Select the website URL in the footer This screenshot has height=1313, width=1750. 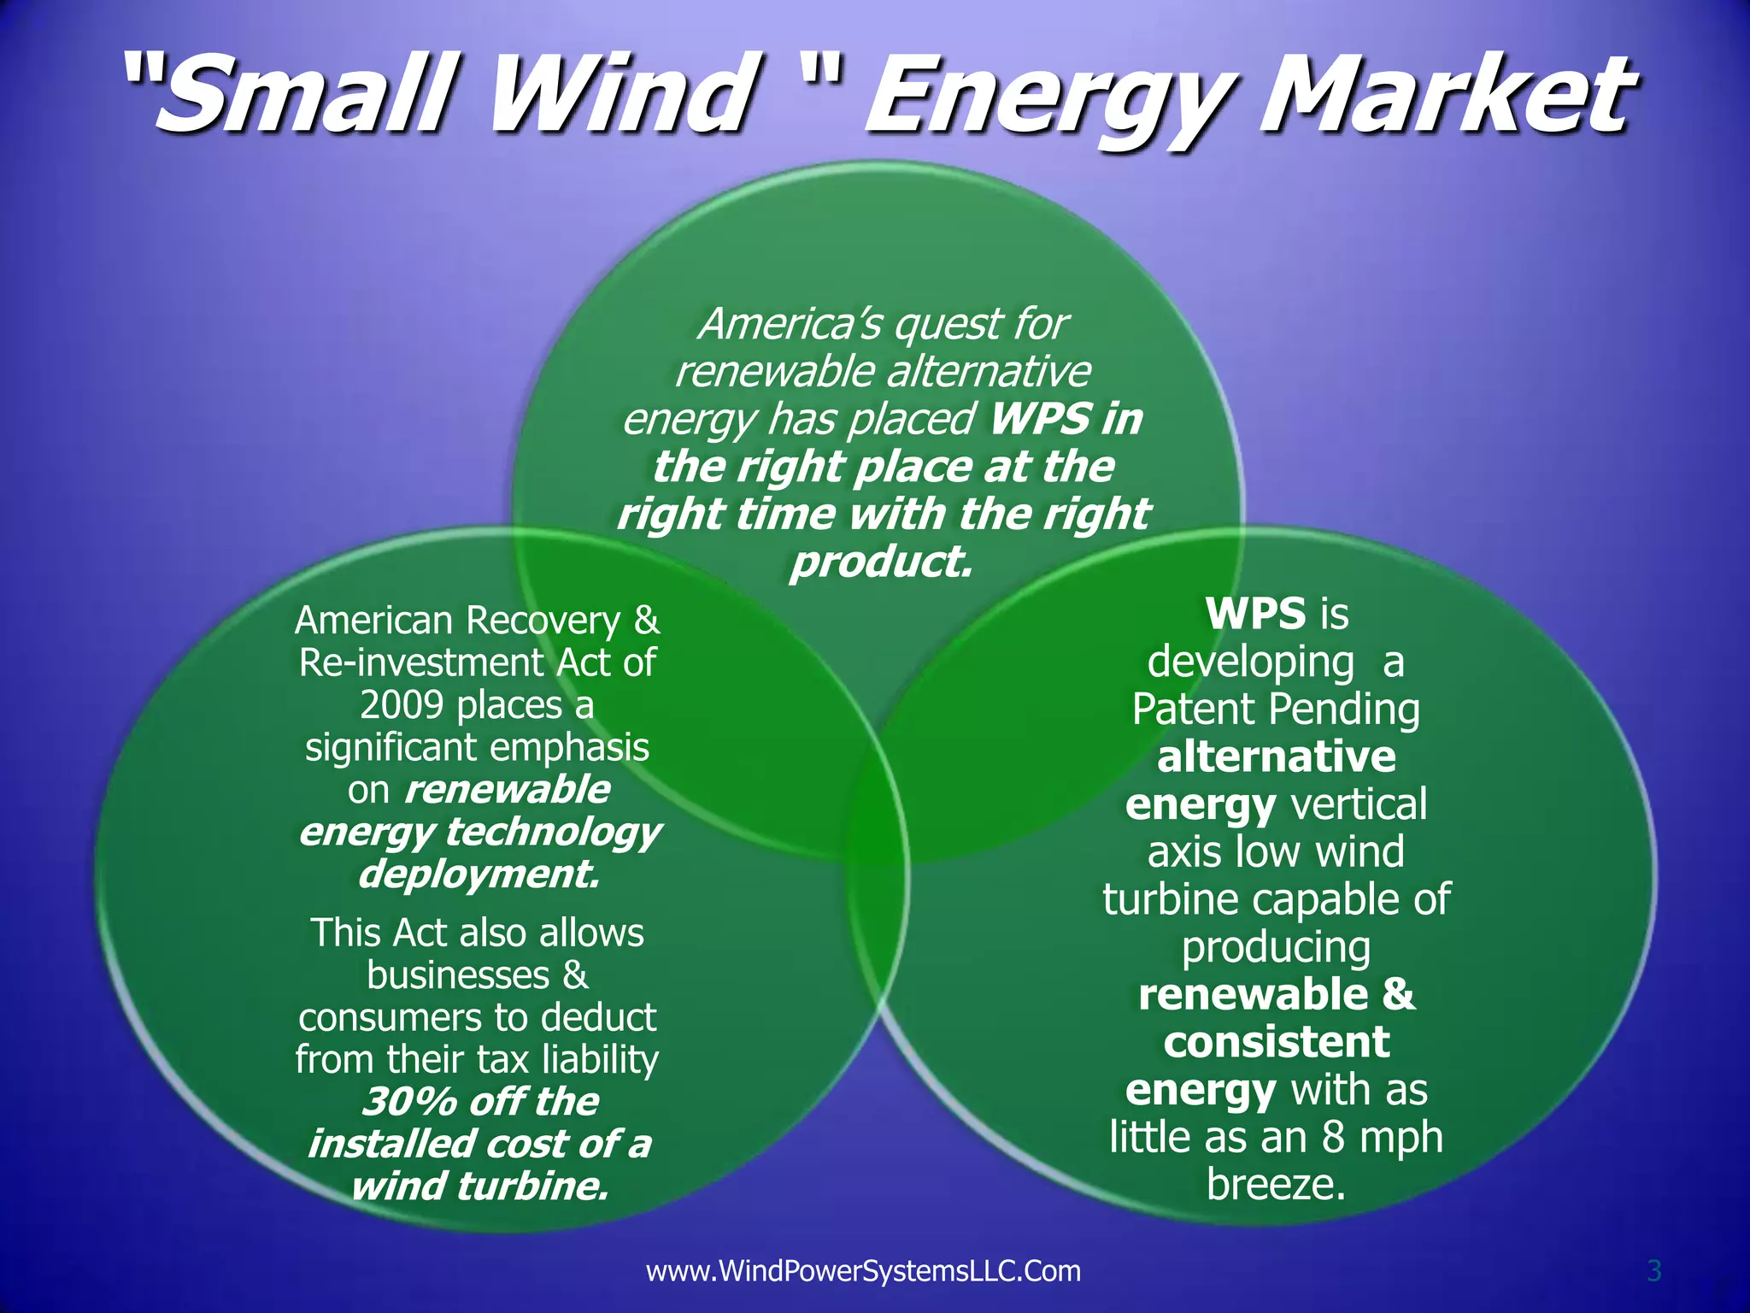863,1271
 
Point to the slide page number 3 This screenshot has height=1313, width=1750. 1653,1271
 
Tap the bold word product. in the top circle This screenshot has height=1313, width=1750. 881,562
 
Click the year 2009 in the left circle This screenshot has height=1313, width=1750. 402,705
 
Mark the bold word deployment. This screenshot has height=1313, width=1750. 479,874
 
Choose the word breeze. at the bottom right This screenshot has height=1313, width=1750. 1277,1185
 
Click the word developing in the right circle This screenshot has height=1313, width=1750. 1250,662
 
